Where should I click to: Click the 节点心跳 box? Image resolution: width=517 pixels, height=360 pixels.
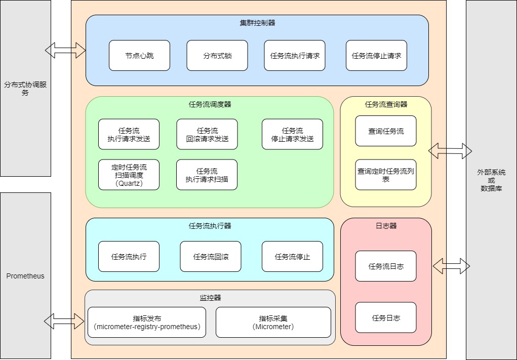point(139,56)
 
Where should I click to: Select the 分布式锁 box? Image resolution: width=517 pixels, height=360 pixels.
point(217,56)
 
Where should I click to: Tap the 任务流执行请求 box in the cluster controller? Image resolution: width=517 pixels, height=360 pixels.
point(295,56)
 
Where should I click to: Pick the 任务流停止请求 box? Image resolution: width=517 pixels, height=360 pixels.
point(376,56)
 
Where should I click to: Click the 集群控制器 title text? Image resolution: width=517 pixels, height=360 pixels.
point(257,23)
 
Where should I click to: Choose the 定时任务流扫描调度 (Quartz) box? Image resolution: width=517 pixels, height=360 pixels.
point(129,175)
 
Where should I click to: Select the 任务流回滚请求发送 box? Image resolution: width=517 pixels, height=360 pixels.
point(207,134)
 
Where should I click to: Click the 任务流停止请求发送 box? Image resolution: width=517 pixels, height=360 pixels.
point(292,134)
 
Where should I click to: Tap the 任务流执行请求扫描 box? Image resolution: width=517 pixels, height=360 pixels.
point(207,175)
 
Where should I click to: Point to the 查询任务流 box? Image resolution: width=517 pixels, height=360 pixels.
point(386,131)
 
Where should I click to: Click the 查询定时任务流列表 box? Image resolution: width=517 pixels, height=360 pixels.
point(386,175)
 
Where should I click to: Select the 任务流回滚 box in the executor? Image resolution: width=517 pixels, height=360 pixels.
point(211,257)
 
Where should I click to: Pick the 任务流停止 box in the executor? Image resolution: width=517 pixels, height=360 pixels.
point(292,257)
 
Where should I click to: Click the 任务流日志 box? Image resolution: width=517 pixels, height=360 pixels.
point(386,266)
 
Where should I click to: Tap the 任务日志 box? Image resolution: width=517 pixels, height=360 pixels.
point(386,318)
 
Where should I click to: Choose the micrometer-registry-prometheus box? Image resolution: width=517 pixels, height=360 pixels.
point(147,323)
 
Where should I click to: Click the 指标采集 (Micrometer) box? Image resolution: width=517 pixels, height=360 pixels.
point(273,323)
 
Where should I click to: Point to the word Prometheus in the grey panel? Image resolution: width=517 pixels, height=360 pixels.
point(25,276)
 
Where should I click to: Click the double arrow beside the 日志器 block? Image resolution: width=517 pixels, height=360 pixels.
point(451,266)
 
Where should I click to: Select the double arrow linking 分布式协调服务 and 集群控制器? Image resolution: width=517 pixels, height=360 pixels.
point(65,50)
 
